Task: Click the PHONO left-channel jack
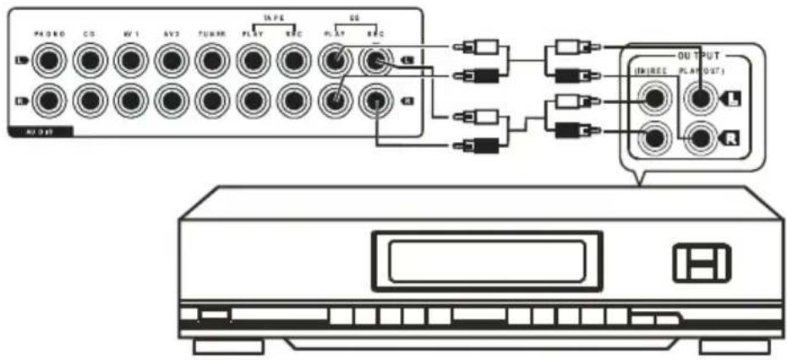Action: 49,61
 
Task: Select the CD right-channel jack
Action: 90,101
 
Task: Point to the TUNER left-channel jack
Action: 211,61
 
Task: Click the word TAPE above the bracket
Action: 272,16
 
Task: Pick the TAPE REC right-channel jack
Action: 293,101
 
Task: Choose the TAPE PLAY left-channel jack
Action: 253,61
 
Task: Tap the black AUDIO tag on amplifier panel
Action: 37,132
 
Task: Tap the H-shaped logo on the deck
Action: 702,263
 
